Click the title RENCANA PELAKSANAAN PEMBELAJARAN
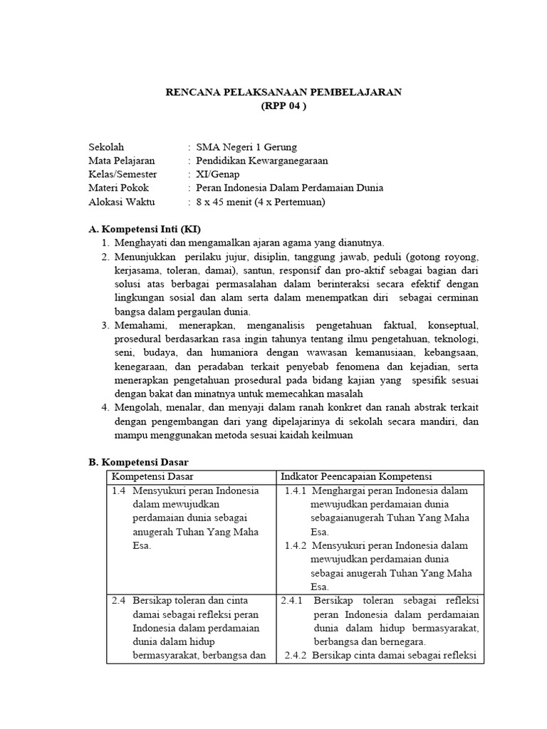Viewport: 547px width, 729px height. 283,92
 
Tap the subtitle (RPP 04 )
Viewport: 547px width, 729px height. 283,106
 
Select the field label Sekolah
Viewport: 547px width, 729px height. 105,147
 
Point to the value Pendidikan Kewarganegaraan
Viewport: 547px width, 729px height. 262,161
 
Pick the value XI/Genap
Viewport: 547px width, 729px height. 218,174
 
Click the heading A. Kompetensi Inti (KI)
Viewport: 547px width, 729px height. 145,229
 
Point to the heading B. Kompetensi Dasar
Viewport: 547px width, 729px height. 138,462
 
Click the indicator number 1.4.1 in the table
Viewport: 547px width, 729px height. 295,491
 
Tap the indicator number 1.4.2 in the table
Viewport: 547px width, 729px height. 295,545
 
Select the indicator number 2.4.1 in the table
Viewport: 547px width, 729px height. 292,600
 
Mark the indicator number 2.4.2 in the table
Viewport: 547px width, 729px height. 295,655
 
